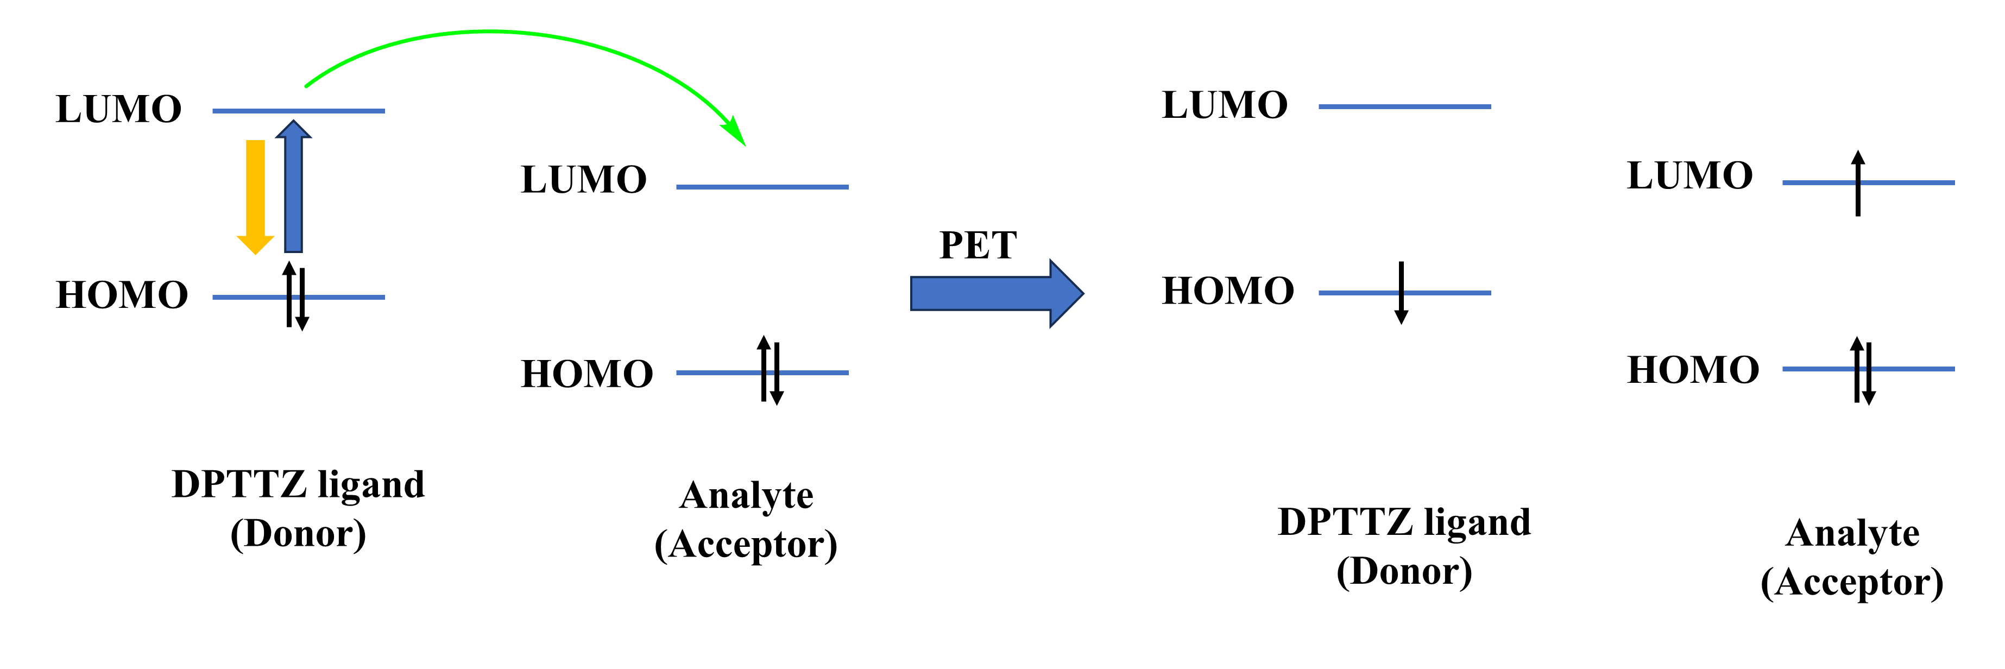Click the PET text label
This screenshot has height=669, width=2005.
(x=978, y=246)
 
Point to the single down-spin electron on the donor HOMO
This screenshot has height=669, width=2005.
(x=1401, y=293)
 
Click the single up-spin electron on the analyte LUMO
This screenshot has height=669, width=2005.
(x=1858, y=183)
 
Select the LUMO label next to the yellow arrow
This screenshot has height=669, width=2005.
(x=118, y=109)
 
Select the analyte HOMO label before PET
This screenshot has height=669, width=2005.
(x=587, y=374)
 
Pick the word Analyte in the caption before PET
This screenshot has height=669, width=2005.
(x=746, y=496)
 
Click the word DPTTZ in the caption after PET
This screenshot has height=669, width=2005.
(x=1337, y=522)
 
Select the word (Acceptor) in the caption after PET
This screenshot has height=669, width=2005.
(x=1852, y=583)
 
